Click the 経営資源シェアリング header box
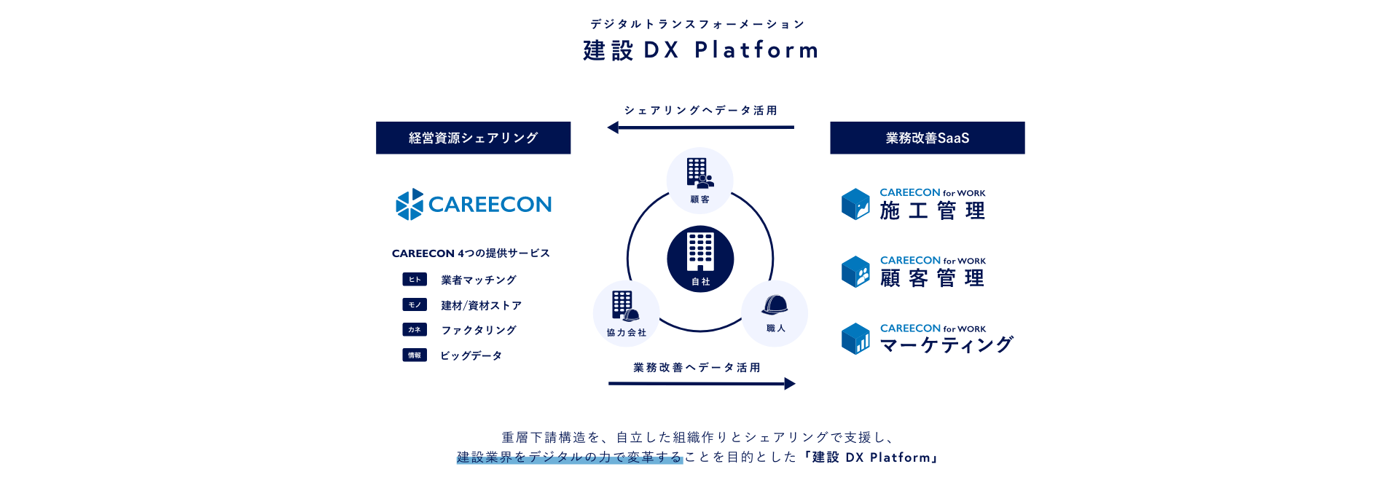pyautogui.click(x=473, y=138)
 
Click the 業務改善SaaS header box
pyautogui.click(x=928, y=138)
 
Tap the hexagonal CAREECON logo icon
pyautogui.click(x=409, y=204)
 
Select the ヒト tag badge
pyautogui.click(x=415, y=279)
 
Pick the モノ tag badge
pyautogui.click(x=415, y=304)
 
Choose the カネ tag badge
pyautogui.click(x=415, y=329)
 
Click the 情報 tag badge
pyautogui.click(x=415, y=355)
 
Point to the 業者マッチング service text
pyautogui.click(x=479, y=280)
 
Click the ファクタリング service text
pyautogui.click(x=479, y=330)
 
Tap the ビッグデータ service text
pyautogui.click(x=471, y=355)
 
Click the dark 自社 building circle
pyautogui.click(x=700, y=259)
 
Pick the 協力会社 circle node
pyautogui.click(x=627, y=314)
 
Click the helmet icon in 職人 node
pyautogui.click(x=775, y=304)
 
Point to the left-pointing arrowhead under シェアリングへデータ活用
pyautogui.click(x=613, y=127)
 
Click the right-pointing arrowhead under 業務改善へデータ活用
pyautogui.click(x=790, y=384)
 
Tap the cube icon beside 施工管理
pyautogui.click(x=855, y=204)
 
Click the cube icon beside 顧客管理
pyautogui.click(x=855, y=272)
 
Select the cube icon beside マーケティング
pyautogui.click(x=855, y=339)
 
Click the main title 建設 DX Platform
pyautogui.click(x=701, y=50)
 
